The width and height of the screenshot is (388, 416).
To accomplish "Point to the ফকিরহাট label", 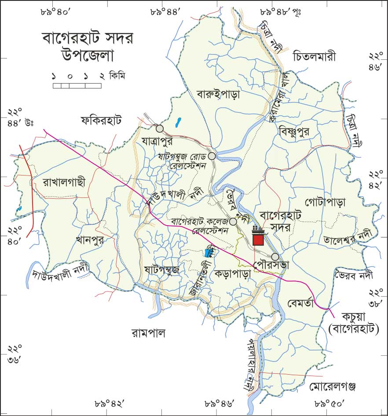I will (x=101, y=120).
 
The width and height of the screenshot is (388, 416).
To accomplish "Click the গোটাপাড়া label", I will (x=325, y=202).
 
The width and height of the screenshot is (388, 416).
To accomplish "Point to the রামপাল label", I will (x=148, y=333).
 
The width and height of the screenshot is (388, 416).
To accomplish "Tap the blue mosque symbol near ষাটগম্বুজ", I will (x=208, y=252).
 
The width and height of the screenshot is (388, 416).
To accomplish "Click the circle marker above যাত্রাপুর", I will (x=159, y=128).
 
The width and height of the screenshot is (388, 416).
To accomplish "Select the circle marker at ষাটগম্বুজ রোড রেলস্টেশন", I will (x=212, y=156).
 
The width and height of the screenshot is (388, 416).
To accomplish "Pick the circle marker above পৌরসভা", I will (x=275, y=257).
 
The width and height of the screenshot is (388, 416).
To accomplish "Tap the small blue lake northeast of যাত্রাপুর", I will (x=177, y=122).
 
